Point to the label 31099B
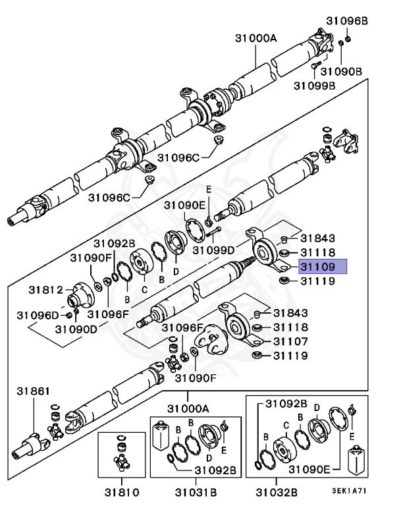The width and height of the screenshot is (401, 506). pyautogui.click(x=315, y=85)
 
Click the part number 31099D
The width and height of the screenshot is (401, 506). pyautogui.click(x=213, y=250)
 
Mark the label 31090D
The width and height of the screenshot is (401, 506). pyautogui.click(x=76, y=328)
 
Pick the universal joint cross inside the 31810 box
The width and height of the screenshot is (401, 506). pyautogui.click(x=122, y=461)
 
